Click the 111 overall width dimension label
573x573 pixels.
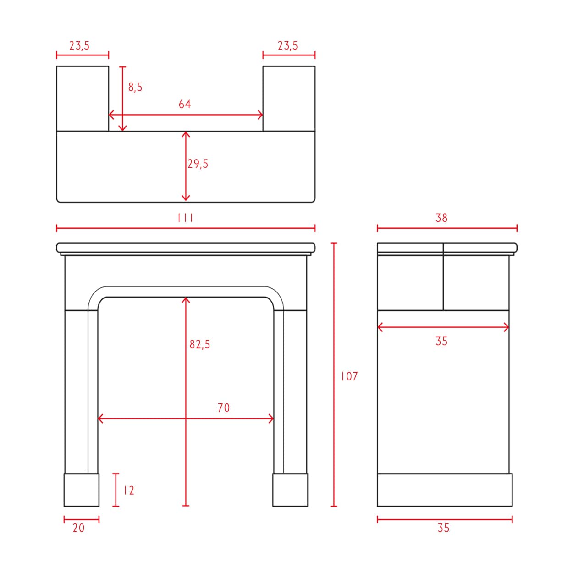point(185,218)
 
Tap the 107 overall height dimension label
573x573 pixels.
point(349,376)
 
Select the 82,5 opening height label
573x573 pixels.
point(200,344)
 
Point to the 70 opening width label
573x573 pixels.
point(224,408)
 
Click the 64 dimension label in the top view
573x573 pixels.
point(185,104)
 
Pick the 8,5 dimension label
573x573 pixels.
point(135,87)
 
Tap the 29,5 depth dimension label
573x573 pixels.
point(198,164)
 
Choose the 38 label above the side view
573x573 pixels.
point(441,218)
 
